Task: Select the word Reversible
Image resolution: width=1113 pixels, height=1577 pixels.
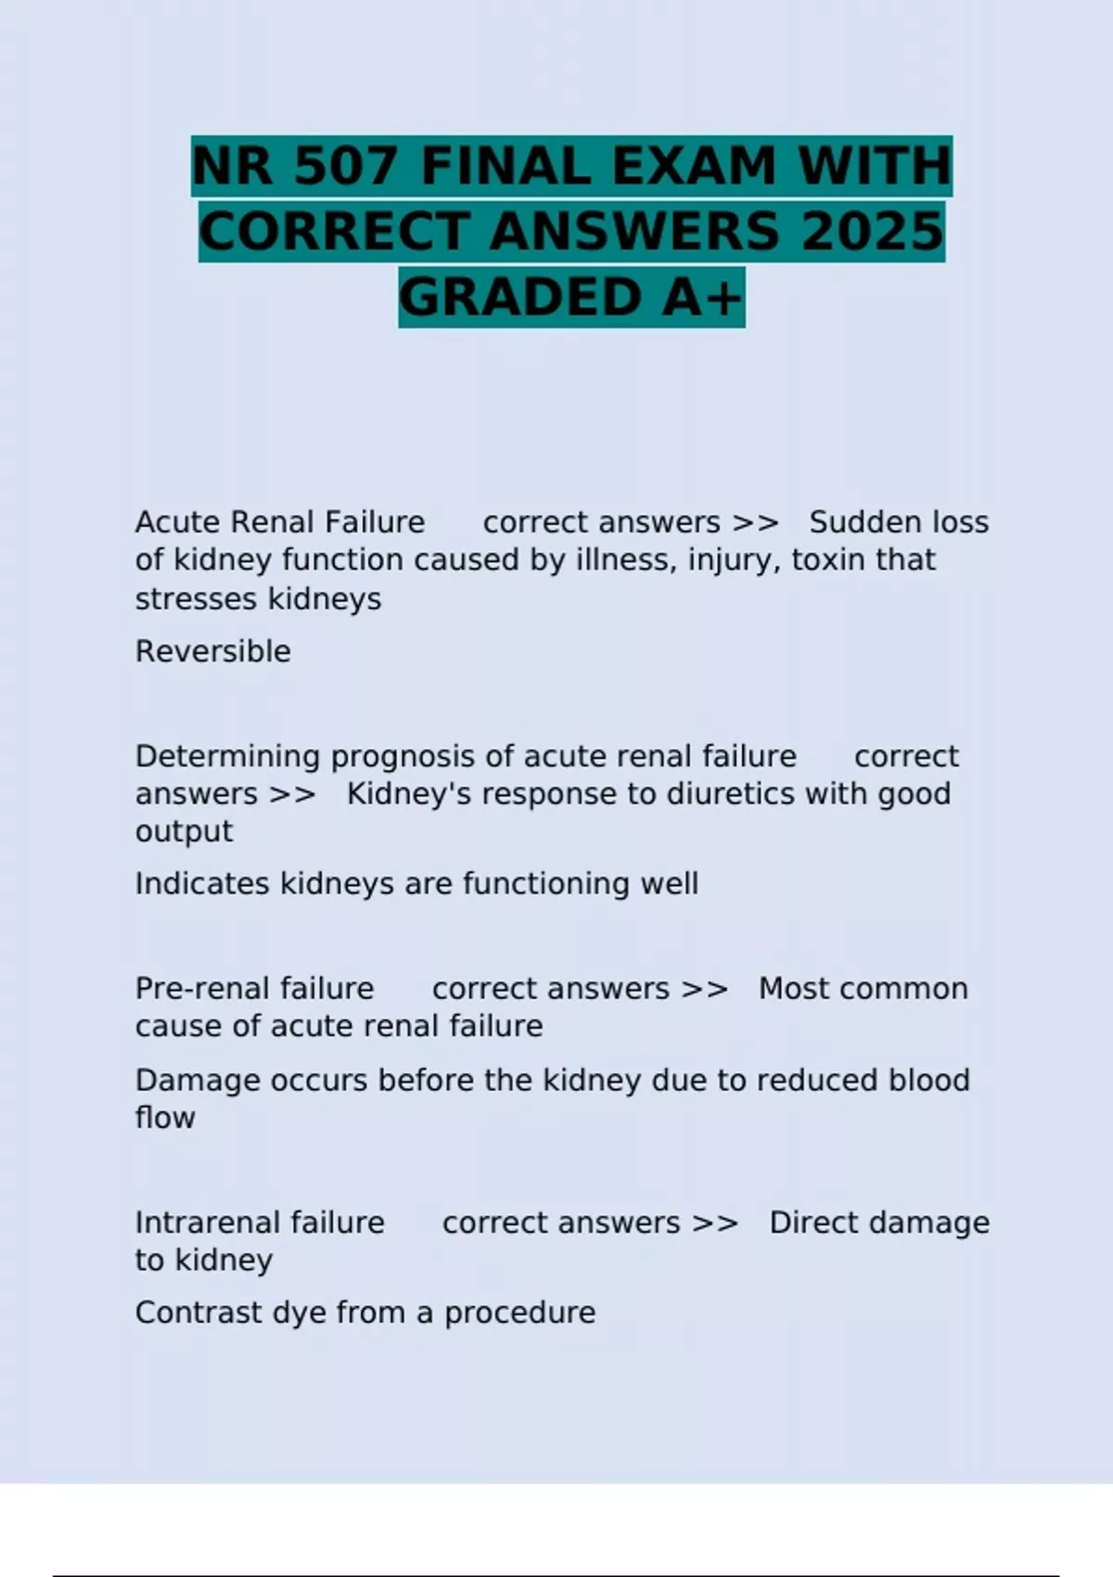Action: (213, 651)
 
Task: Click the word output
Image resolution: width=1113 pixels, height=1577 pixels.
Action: (184, 831)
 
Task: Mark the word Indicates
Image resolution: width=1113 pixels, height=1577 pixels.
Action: (203, 883)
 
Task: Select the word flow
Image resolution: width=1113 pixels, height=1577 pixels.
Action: (165, 1118)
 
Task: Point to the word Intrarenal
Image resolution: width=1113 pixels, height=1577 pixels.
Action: (213, 1223)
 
